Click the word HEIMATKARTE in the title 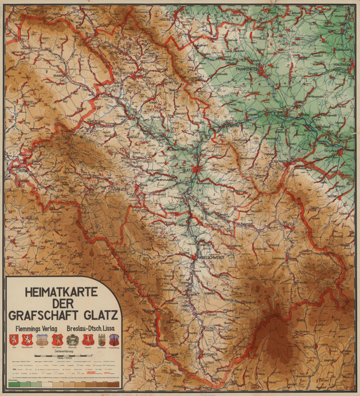(60, 292)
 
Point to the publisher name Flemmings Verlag (34, 327)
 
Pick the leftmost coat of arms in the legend (13, 339)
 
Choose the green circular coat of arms (71, 339)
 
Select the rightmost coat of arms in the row (114, 339)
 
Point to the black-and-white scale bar (62, 356)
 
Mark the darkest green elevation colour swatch (12, 384)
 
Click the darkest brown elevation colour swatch (112, 384)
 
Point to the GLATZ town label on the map (187, 167)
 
